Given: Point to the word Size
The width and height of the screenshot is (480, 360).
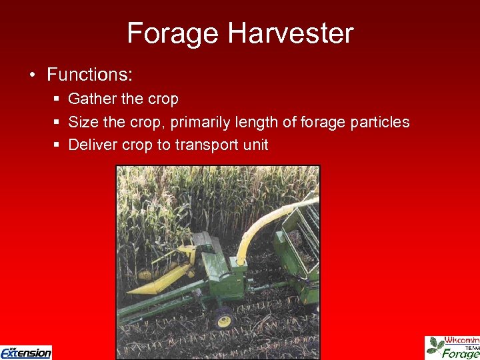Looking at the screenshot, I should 83,122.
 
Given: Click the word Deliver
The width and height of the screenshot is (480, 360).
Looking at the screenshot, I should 93,145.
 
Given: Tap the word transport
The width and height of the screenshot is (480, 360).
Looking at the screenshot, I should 206,145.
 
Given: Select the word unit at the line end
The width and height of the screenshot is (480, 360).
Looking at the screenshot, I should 255,145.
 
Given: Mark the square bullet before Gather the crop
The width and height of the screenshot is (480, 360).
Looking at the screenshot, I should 56,99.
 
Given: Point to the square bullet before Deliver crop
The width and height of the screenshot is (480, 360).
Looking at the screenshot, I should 56,145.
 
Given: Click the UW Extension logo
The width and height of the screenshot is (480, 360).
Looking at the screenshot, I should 26,352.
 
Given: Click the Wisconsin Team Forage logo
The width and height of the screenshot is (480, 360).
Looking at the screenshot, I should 453,347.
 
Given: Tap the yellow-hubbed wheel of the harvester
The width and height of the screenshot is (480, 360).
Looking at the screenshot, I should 224,321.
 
